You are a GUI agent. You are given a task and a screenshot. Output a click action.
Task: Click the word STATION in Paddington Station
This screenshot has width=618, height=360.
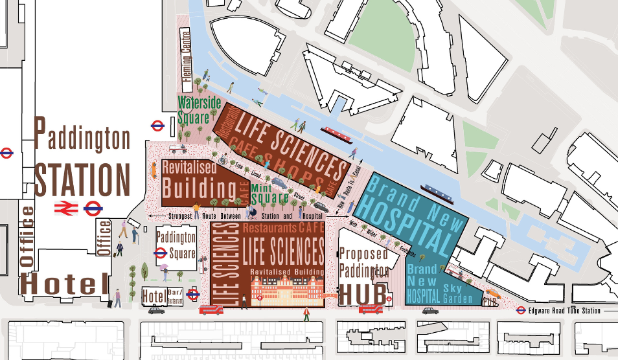pos(83,179)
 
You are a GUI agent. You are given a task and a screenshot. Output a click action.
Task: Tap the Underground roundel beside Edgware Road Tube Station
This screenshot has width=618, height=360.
pos(520,311)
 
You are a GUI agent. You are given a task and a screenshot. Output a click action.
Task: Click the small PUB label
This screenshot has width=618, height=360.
pos(490,300)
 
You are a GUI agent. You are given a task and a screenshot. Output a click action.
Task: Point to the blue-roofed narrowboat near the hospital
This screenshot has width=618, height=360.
pos(433,190)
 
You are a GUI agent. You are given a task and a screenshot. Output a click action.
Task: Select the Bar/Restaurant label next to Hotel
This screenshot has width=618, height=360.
pos(174,297)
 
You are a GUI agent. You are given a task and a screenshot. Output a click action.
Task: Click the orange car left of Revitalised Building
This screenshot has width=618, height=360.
pos(154,169)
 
